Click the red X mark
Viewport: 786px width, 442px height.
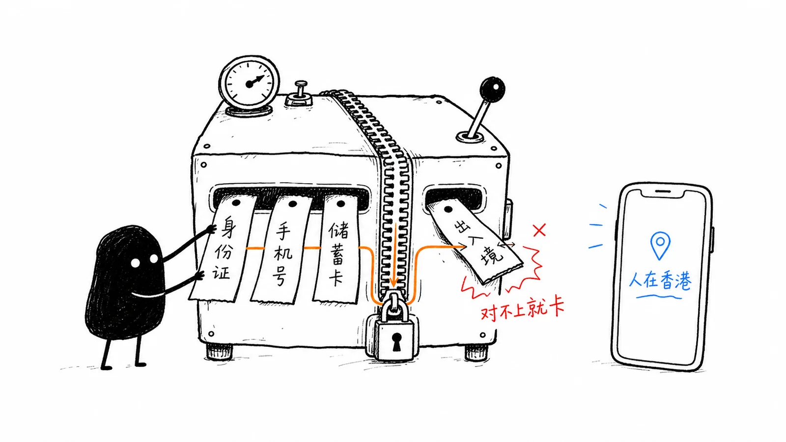click(539, 230)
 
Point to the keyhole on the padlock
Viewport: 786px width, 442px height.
click(396, 342)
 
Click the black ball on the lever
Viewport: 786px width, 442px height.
click(492, 89)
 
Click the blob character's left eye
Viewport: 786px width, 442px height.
click(135, 263)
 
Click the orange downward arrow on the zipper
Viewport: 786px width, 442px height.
click(395, 256)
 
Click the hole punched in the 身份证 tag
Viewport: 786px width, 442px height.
click(236, 203)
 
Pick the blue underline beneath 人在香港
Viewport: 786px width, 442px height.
click(659, 298)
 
